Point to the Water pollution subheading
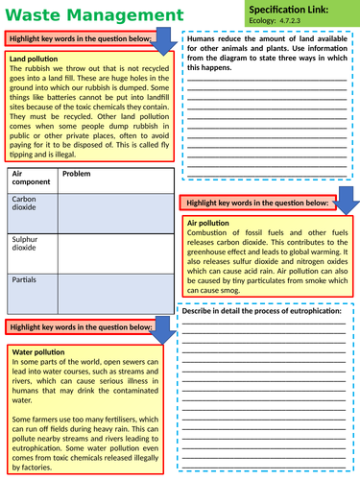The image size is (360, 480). pos(37,352)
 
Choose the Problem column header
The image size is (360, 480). pos(77,174)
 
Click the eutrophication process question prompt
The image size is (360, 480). pos(261,312)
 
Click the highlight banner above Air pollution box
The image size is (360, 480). pos(255,202)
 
